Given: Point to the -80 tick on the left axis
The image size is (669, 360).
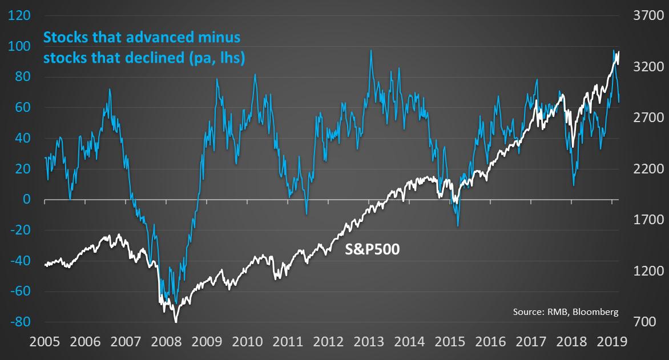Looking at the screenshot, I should click(x=20, y=322).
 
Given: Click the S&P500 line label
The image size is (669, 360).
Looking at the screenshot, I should click(x=372, y=249).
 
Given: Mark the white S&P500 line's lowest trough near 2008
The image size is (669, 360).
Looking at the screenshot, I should click(x=175, y=322).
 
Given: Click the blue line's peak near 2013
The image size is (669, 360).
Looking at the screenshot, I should click(x=371, y=50).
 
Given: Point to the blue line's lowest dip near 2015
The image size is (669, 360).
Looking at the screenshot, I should click(x=458, y=226).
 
